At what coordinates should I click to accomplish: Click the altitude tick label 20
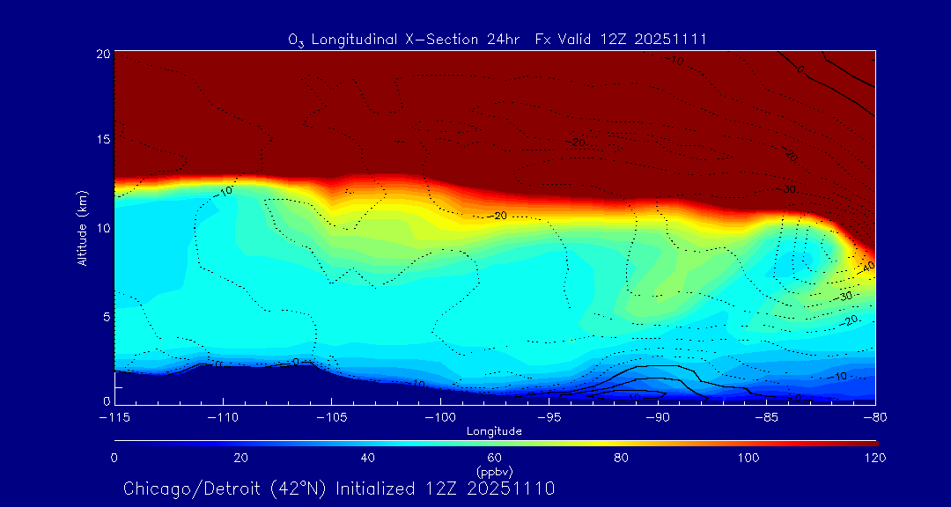pos(103,54)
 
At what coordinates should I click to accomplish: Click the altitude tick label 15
pos(103,140)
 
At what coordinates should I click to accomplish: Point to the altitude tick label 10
pos(103,228)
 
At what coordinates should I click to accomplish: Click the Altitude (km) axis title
pos(83,228)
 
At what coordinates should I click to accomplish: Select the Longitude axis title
pos(495,431)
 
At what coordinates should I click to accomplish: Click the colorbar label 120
pos(874,458)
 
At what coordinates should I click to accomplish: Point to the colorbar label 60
pos(495,458)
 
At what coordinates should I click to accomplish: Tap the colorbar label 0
pos(114,458)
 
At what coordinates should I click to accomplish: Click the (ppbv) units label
pos(495,471)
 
